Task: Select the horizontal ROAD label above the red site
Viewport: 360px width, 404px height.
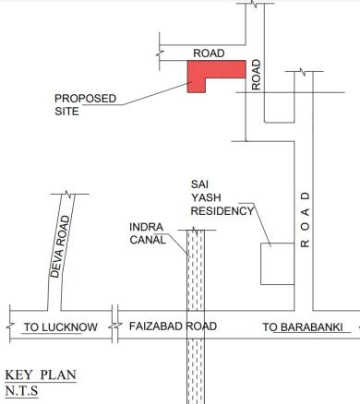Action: (x=209, y=53)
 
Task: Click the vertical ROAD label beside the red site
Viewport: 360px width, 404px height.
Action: (x=258, y=75)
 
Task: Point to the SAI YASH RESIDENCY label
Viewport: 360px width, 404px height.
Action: (x=221, y=196)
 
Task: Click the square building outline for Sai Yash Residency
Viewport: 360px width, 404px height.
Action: (x=277, y=264)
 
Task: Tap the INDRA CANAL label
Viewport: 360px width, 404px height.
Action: (x=148, y=232)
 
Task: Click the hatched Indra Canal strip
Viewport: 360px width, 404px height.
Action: (x=195, y=314)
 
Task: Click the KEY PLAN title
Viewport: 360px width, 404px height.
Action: (x=41, y=375)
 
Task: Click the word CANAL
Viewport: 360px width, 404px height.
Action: (x=148, y=239)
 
